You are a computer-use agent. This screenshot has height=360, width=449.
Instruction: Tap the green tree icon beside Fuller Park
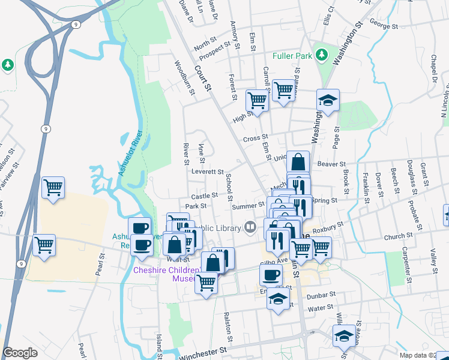coord(322,55)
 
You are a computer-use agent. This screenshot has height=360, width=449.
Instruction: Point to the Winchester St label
coord(205,349)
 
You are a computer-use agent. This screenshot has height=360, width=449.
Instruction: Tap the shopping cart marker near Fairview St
coord(53,188)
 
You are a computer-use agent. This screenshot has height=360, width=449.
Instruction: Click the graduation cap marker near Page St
coord(328,100)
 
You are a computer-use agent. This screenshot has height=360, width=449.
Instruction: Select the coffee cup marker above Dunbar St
coord(271,275)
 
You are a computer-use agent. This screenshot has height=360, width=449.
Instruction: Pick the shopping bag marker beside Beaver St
coord(298,161)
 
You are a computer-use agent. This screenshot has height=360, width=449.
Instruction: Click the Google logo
coord(20,353)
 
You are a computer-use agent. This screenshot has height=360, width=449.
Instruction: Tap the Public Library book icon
coord(250,227)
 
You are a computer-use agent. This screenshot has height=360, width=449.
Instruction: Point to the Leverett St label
coord(207,172)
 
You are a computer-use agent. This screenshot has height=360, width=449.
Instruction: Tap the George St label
coord(384,26)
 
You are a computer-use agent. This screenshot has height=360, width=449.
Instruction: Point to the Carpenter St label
coord(406,264)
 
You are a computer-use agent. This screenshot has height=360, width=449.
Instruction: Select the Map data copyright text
coord(423,355)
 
